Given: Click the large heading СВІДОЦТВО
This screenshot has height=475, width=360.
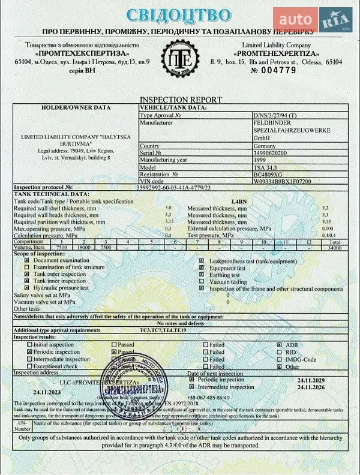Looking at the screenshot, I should coord(178,15).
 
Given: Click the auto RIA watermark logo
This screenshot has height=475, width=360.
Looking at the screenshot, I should coord(313,20).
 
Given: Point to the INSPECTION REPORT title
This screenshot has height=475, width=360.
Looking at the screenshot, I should coord(181,100).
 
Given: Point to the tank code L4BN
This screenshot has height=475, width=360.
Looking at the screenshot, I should coord(239,201).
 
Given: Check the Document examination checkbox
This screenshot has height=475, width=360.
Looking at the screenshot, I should coord(26,261).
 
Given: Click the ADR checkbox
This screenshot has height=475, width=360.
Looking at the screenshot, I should coord(279,345).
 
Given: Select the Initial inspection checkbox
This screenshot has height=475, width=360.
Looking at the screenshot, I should coord(29,345).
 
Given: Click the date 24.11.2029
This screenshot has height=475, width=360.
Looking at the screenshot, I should coord(315,380).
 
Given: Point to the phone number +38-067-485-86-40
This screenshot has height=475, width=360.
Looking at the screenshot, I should coord(208,397).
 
